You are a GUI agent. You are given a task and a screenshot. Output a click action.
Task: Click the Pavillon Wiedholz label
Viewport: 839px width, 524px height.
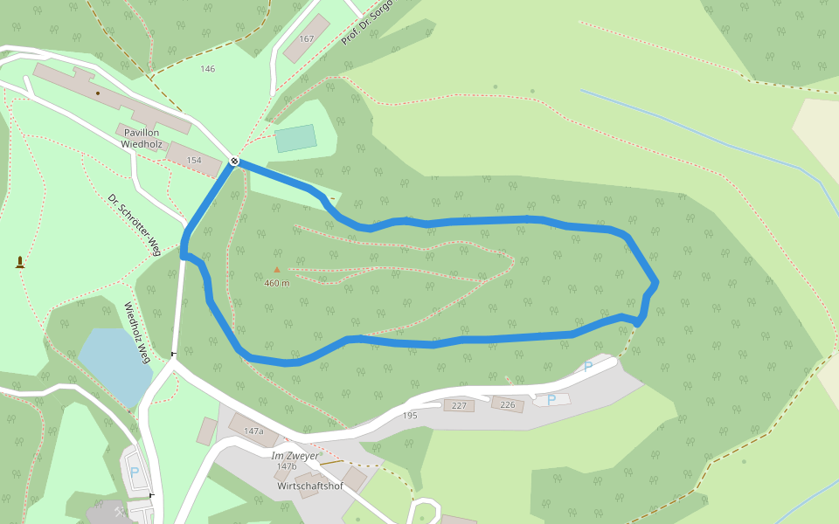click(141, 138)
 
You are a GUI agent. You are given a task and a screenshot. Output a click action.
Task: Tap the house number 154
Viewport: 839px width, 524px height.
click(194, 161)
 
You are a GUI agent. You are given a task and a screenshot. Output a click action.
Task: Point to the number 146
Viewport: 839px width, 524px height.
click(207, 69)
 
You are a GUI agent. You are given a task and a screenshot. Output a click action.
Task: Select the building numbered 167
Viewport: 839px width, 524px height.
click(306, 39)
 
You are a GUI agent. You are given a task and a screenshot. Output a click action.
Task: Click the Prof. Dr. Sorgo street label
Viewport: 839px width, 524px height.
click(365, 23)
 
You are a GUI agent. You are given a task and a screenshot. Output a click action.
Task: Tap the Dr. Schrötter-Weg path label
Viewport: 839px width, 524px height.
click(135, 224)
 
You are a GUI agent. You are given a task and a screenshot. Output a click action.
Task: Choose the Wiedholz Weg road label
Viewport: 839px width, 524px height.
click(137, 333)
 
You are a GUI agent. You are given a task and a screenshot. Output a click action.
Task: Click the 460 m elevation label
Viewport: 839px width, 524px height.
click(277, 283)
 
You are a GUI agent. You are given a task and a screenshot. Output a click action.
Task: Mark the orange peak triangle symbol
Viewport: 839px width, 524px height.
click(277, 270)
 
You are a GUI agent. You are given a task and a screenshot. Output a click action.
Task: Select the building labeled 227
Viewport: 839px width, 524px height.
click(458, 405)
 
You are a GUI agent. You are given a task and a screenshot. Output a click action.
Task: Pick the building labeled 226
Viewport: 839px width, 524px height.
click(507, 404)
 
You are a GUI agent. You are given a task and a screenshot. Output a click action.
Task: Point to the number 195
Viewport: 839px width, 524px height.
click(410, 416)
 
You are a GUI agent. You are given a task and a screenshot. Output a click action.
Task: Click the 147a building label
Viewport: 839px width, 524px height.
click(253, 431)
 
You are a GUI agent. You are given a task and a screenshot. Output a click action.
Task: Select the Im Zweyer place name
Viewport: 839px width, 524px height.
click(295, 456)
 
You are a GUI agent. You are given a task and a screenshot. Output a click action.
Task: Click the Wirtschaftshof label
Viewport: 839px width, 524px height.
click(309, 486)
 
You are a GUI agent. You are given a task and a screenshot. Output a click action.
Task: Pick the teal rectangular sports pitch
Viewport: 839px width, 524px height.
click(295, 138)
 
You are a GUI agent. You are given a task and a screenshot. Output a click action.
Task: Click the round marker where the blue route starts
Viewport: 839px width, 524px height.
click(234, 161)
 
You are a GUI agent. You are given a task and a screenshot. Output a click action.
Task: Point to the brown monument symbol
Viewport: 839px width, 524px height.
click(19, 262)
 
